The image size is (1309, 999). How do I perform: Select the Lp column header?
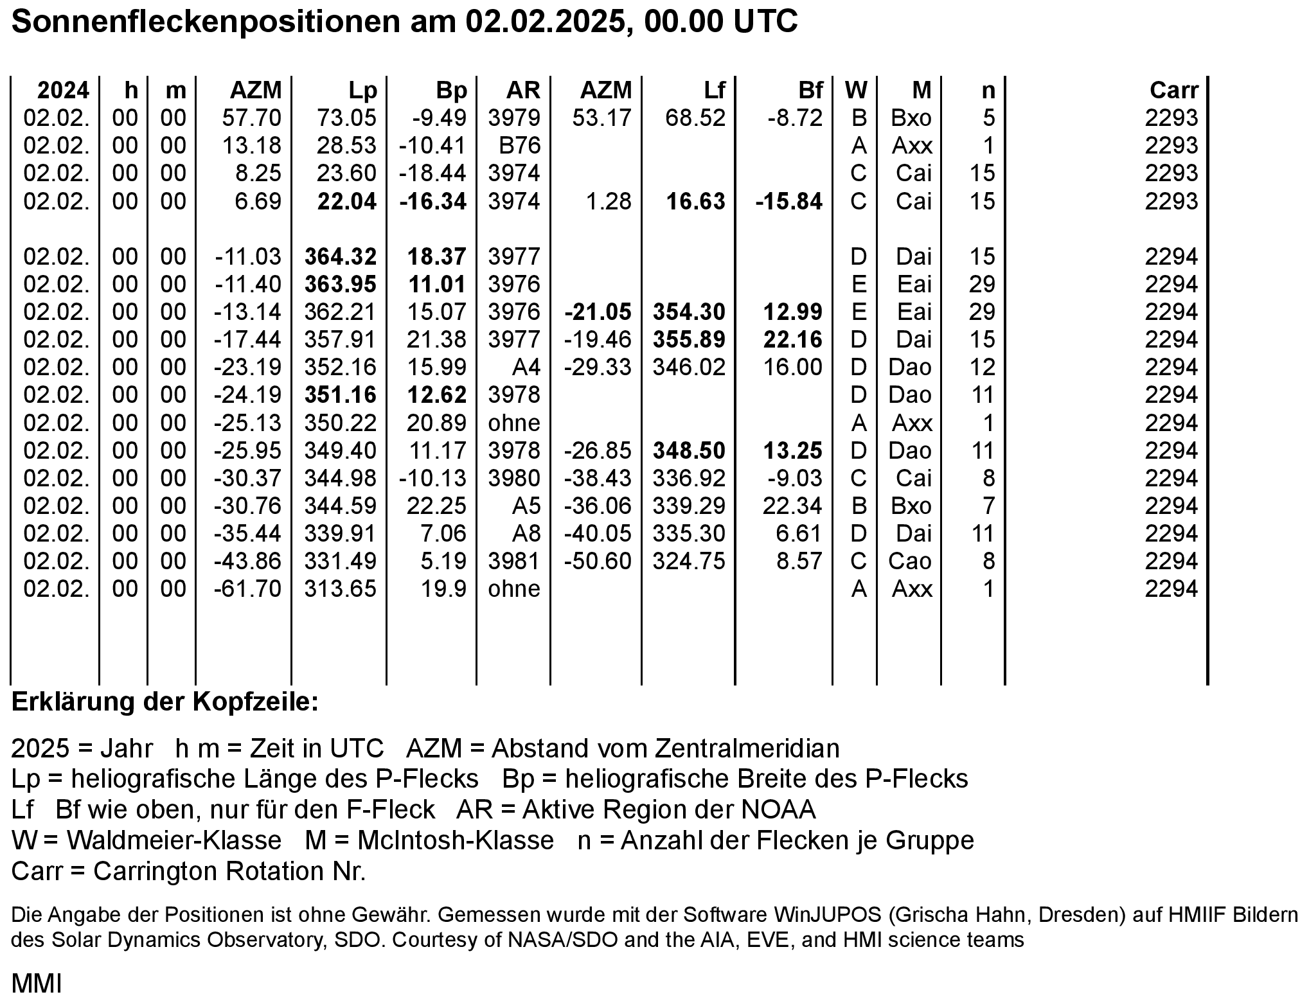coord(362,91)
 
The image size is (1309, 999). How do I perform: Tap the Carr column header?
coord(1174,91)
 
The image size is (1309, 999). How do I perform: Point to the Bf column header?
coord(810,91)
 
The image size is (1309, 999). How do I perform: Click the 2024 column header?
coord(63,91)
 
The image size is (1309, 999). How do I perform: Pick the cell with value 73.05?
coord(346,118)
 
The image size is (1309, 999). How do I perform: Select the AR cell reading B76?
coord(519,146)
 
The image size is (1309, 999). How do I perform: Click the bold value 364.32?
coord(341,257)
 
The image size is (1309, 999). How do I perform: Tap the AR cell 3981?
coord(514,561)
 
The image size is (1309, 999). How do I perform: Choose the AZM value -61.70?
coord(248,589)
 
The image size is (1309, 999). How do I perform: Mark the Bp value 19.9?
coord(443,589)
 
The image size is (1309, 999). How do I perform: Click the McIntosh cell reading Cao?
coord(909,561)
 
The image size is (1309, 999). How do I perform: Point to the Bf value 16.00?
coord(793,367)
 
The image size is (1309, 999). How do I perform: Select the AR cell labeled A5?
coord(526,506)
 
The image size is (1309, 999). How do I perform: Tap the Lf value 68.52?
coord(695,118)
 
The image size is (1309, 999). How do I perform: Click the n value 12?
coord(982,367)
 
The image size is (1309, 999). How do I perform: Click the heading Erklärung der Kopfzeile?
coord(165,702)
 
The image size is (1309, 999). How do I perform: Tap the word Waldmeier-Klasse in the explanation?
coord(174,840)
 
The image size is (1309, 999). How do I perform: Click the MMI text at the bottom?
coord(37,984)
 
